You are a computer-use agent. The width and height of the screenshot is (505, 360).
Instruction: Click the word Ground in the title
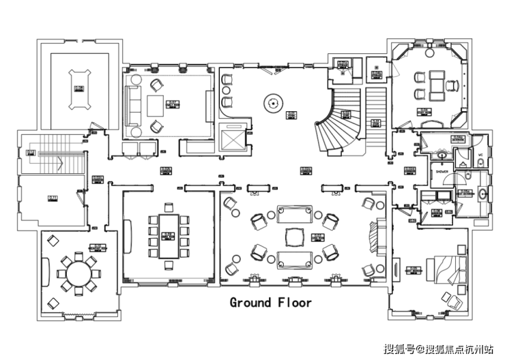pos(250,302)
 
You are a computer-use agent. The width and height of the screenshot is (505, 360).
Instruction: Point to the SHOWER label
pos(443,172)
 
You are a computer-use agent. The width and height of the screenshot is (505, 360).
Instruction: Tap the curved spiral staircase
pos(334,123)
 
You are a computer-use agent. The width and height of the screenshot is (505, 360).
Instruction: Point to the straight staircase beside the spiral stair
pos(376,116)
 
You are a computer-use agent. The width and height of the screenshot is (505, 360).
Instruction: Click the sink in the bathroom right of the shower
pos(484,193)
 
